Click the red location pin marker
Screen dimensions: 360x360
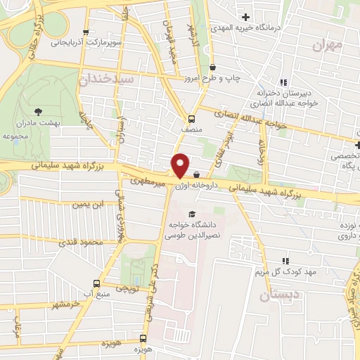pyautogui.click(x=181, y=165)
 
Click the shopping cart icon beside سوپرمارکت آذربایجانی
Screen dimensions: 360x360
pyautogui.click(x=86, y=31)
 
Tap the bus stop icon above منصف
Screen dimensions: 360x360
pyautogui.click(x=192, y=118)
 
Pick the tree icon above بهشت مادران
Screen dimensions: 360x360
pyautogui.click(x=38, y=110)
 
